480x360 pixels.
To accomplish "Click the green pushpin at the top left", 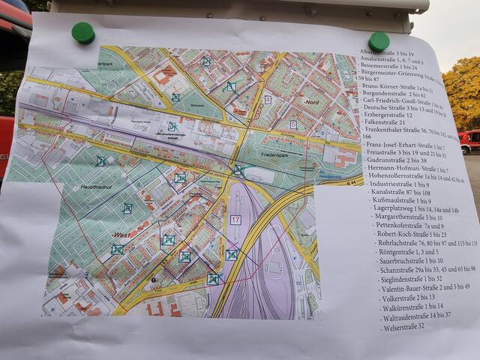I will click(82, 32).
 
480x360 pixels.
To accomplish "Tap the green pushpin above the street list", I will click(379, 40).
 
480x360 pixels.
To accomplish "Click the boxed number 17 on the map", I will click(235, 220).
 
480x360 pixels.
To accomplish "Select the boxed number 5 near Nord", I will click(292, 124).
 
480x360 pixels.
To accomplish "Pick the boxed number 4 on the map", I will click(267, 99).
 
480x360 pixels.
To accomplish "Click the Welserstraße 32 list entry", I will click(403, 326).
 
